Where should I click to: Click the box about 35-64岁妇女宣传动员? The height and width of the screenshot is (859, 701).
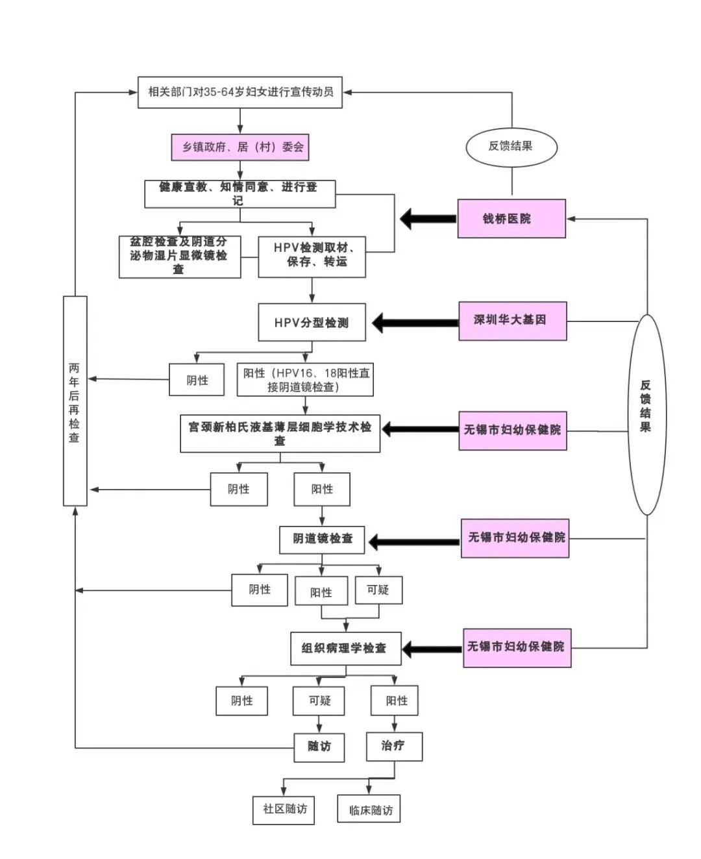[x=240, y=92]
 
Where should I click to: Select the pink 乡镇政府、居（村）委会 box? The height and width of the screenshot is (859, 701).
[x=240, y=147]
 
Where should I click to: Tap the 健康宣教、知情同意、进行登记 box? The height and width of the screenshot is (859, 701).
[x=240, y=193]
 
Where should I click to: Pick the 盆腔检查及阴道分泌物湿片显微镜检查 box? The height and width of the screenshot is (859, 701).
[x=179, y=256]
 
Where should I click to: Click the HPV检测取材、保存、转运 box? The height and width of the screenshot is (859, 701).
[x=312, y=256]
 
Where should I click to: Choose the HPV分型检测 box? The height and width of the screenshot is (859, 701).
[x=312, y=322]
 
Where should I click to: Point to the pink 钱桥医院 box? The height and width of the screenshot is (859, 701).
[x=511, y=219]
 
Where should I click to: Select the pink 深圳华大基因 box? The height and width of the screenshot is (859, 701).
[x=512, y=321]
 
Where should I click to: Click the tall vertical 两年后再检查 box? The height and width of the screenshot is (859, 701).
[x=75, y=401]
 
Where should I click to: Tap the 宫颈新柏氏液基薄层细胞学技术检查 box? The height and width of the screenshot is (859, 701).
[x=280, y=434]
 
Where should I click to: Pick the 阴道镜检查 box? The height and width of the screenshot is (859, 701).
[x=322, y=540]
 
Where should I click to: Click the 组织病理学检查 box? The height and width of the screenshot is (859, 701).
[x=345, y=648]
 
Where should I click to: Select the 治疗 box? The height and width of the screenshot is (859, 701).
[x=394, y=746]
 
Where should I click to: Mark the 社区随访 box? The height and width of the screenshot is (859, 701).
[x=284, y=810]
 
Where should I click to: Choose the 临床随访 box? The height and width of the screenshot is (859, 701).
[x=369, y=810]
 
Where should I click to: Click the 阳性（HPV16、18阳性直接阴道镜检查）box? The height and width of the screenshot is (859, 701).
[x=305, y=380]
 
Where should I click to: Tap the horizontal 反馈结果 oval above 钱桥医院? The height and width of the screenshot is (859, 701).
[x=511, y=147]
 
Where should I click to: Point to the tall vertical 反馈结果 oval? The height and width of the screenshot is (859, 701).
[x=646, y=414]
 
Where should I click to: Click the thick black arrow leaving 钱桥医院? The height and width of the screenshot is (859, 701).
[x=428, y=219]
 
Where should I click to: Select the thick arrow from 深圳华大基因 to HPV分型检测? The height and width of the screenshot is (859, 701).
[x=415, y=322]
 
